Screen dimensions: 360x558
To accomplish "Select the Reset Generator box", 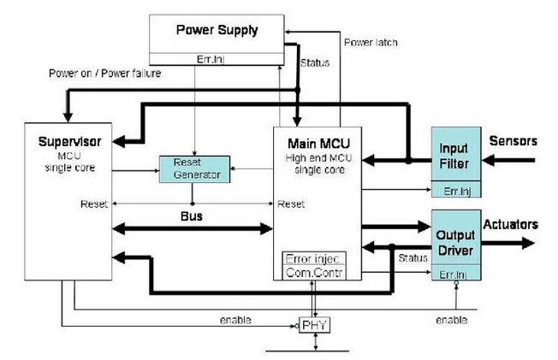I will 197,168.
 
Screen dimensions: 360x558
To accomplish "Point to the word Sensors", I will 510,139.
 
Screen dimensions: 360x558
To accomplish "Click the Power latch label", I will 371,43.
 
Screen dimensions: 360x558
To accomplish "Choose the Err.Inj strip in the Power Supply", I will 216,58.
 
